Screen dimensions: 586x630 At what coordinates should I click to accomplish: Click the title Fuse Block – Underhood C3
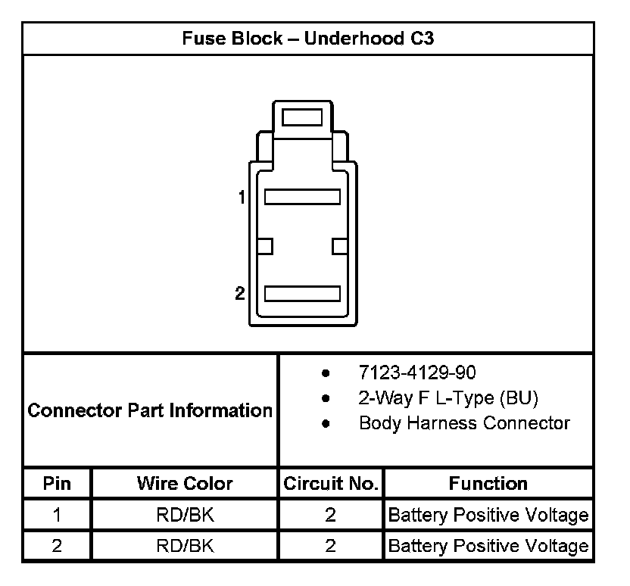click(307, 39)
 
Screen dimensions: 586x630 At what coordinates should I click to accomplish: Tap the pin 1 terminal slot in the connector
click(301, 197)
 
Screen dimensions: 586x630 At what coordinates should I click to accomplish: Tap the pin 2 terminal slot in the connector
click(301, 293)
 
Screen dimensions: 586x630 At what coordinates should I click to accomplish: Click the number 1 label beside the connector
click(242, 198)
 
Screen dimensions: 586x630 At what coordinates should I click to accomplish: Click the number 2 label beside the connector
click(240, 293)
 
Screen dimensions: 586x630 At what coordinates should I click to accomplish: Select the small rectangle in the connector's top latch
click(302, 117)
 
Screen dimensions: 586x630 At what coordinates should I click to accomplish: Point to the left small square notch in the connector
click(264, 246)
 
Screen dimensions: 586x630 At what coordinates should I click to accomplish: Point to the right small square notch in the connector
click(339, 246)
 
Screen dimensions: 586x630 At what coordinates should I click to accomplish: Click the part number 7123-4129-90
click(417, 373)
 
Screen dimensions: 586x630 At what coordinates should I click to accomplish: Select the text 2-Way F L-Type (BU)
click(448, 398)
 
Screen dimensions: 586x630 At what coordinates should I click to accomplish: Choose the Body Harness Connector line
click(464, 423)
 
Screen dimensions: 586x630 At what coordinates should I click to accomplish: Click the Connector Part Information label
click(150, 411)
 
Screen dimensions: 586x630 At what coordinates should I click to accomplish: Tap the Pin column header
click(57, 483)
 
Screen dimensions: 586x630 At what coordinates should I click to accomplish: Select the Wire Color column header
click(185, 483)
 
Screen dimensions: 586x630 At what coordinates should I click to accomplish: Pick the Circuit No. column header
click(330, 483)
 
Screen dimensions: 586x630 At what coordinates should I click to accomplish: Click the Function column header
click(488, 483)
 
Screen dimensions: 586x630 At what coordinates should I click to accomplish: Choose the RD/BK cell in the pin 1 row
click(185, 516)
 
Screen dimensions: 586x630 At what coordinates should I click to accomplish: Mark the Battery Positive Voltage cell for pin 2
click(488, 546)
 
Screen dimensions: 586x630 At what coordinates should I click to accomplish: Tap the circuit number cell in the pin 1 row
click(330, 516)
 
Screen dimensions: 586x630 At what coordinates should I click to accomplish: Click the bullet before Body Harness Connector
click(326, 423)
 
